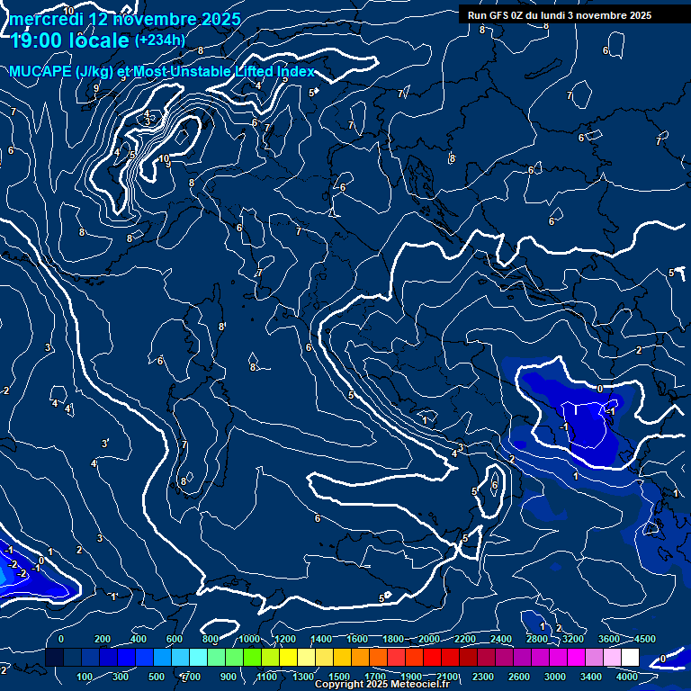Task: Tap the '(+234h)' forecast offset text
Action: [159, 40]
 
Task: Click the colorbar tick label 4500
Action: [645, 639]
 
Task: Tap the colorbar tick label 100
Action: [85, 677]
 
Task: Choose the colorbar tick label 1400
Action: [320, 639]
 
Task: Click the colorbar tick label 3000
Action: [555, 677]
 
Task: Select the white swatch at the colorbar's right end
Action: [630, 658]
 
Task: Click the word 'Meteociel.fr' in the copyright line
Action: [419, 685]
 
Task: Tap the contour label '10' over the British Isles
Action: [164, 159]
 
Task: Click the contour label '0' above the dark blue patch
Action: [600, 389]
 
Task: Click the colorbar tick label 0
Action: [61, 639]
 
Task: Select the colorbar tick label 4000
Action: [627, 677]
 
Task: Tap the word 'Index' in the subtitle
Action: [295, 72]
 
